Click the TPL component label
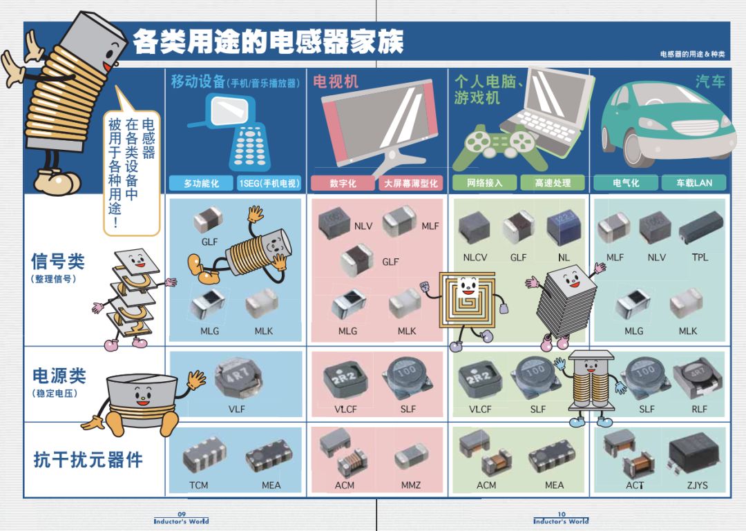coord(699,258)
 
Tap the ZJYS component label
coord(697,485)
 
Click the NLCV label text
coord(475,258)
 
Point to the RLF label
coord(699,409)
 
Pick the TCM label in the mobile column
coord(198,485)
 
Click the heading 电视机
coord(336,82)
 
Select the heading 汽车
coord(710,81)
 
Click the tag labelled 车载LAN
coord(694,183)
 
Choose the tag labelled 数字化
coord(343,183)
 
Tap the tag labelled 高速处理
coord(553,183)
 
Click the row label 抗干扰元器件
coord(88,460)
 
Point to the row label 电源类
coord(59,376)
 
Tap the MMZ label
coord(410,485)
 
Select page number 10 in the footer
coord(562,514)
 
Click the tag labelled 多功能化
coord(201,183)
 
